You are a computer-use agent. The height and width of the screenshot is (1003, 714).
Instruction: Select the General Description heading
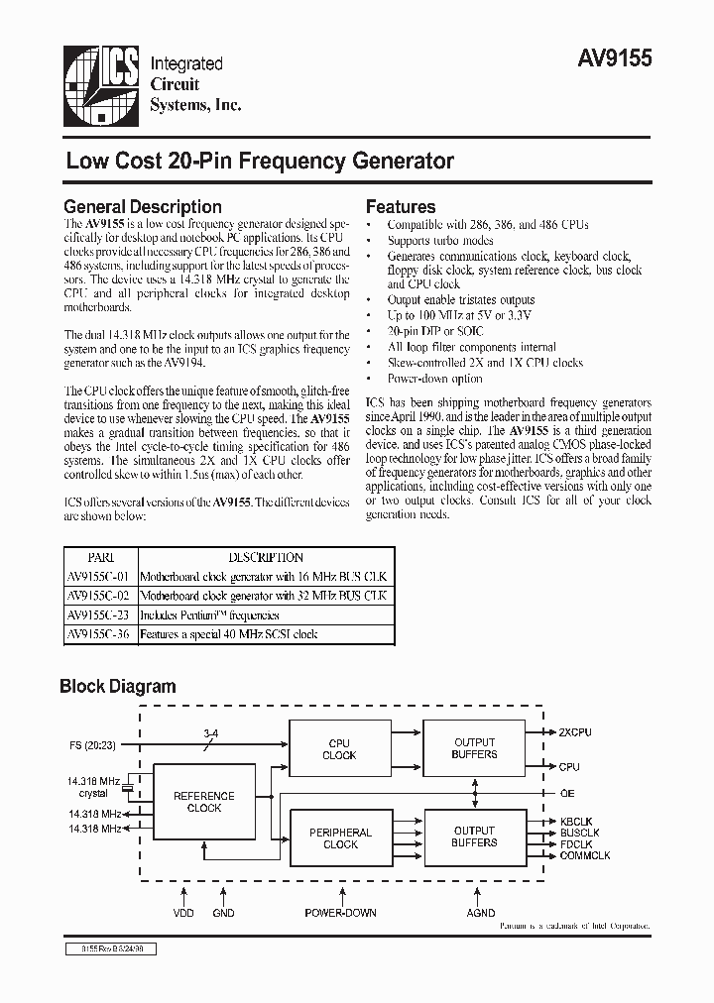point(143,207)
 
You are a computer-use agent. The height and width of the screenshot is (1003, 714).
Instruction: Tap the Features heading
point(401,207)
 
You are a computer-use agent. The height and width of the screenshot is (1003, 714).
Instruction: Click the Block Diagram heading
point(118,686)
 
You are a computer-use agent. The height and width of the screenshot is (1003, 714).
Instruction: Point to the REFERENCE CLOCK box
point(204,801)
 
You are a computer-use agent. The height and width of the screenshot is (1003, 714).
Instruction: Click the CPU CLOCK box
point(339,748)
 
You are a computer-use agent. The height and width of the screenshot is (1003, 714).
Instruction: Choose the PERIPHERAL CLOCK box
point(340,838)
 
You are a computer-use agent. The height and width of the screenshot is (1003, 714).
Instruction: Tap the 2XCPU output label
point(576,732)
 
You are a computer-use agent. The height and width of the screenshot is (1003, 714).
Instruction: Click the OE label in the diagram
point(567,793)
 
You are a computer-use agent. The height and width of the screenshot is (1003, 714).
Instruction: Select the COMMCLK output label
point(585,855)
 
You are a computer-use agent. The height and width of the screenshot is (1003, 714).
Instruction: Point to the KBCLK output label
point(577,822)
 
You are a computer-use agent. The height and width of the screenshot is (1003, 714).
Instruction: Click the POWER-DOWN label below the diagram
point(340,913)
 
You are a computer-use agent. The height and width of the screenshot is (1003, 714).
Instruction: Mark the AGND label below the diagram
point(480,913)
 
